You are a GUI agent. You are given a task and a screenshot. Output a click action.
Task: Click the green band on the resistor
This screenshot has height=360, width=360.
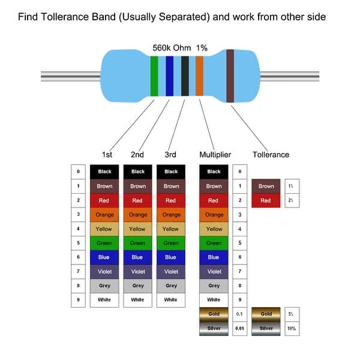154,76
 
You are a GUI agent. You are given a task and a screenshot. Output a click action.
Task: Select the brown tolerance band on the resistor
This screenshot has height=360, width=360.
230,76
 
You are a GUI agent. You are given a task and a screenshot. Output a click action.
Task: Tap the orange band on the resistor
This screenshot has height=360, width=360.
199,76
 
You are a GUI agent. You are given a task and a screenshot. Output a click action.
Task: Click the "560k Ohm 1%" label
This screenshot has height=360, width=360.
181,47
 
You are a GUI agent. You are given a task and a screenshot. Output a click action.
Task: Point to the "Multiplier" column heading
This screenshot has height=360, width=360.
215,154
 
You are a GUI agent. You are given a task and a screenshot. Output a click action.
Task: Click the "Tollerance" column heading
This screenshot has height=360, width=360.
271,154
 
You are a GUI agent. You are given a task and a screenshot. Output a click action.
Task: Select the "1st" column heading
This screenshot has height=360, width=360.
107,154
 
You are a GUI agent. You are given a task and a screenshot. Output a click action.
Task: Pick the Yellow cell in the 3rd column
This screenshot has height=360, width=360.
171,229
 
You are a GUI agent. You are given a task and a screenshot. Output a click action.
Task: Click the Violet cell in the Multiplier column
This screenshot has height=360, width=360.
214,271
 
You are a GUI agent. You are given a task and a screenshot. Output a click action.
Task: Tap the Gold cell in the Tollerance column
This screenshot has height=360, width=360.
266,314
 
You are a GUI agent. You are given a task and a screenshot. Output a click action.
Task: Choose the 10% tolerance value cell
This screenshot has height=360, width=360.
290,328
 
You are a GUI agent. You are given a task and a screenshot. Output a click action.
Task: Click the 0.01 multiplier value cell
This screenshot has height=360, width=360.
240,328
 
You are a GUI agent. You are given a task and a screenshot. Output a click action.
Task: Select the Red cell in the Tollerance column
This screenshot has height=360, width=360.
266,200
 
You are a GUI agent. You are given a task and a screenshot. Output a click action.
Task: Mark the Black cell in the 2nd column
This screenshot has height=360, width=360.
138,172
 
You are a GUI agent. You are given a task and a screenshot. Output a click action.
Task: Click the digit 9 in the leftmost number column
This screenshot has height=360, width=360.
78,300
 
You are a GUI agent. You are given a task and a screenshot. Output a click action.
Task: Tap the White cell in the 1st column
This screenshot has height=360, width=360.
104,300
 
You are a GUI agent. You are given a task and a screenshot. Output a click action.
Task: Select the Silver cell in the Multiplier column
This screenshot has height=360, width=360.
214,328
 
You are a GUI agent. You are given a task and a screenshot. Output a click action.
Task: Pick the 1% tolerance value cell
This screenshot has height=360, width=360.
290,186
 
